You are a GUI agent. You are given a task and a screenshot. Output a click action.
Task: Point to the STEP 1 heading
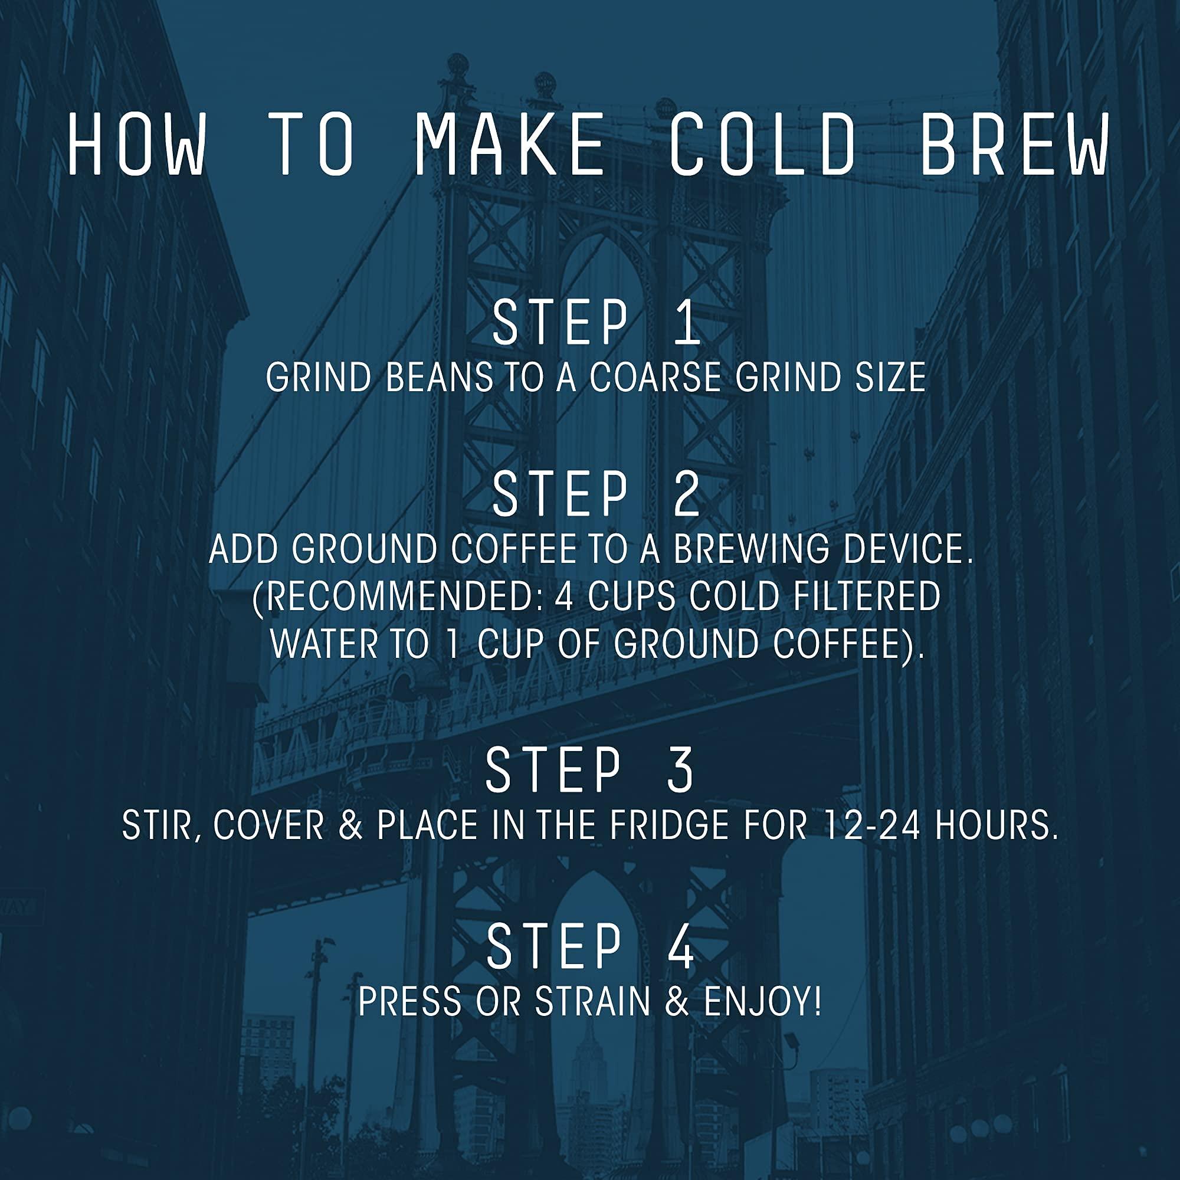click(596, 324)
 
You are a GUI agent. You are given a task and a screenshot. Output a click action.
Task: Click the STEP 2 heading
click(596, 495)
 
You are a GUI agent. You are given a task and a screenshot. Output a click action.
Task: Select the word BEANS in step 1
click(440, 378)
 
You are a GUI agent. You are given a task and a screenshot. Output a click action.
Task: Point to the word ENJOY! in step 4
click(763, 1002)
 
